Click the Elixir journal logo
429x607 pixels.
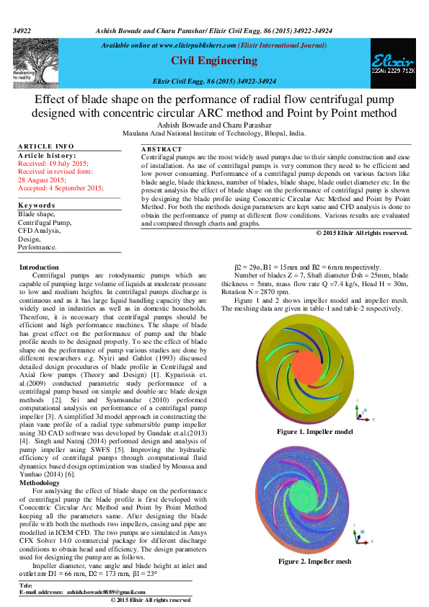point(393,66)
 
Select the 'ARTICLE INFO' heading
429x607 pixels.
point(45,146)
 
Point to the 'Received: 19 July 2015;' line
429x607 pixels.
point(53,164)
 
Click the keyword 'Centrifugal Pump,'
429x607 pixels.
point(45,223)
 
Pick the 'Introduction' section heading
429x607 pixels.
point(39,267)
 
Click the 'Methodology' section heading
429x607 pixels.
point(40,483)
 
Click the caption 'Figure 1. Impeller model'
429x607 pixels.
point(315,431)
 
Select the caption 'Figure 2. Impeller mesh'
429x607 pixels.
point(315,561)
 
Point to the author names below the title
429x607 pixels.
point(214,125)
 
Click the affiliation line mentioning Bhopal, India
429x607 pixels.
point(214,133)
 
